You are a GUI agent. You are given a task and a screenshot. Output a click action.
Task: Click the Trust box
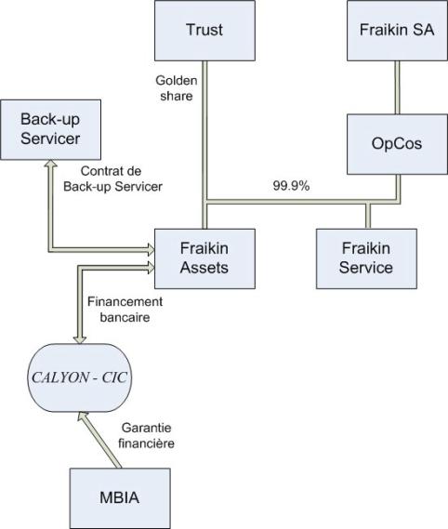click(204, 31)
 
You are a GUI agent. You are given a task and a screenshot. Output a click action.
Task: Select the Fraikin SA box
click(398, 31)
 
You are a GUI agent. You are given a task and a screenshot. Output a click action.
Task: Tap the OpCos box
click(398, 144)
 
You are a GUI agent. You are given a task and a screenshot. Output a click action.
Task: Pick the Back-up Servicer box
click(50, 129)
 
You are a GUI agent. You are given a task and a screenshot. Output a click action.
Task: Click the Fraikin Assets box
click(204, 258)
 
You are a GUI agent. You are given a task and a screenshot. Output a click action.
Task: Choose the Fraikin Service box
click(367, 258)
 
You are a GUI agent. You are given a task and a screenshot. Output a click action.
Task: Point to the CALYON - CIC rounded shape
click(80, 377)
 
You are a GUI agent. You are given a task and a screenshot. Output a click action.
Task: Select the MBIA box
click(120, 498)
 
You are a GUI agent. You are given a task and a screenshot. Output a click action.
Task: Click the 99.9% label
click(291, 186)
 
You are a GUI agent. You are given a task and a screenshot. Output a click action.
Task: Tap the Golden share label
click(177, 88)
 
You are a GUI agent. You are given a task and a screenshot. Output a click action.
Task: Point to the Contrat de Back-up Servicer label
click(113, 179)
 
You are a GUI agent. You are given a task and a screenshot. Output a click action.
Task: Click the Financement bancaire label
click(125, 310)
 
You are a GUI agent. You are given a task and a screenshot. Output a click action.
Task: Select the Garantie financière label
click(147, 435)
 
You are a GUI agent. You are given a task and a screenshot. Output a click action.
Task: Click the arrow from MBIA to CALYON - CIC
click(99, 440)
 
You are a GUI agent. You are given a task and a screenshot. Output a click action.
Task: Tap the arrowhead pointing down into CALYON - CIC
click(80, 339)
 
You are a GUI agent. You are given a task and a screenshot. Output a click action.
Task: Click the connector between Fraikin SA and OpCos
click(398, 87)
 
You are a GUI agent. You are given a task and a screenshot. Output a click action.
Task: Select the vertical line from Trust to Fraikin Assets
click(204, 145)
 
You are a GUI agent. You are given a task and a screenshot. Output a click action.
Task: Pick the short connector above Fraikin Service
click(368, 216)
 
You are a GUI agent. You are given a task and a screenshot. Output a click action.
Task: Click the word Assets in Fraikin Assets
click(204, 268)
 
